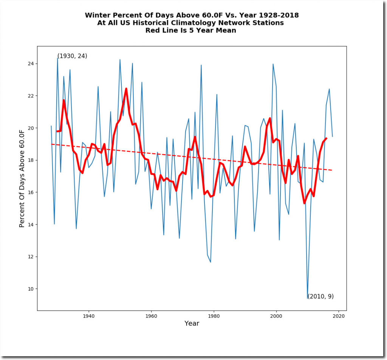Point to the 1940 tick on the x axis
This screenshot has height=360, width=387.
[88, 316]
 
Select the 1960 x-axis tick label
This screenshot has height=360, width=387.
[151, 316]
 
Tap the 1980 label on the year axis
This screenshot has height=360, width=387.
[214, 316]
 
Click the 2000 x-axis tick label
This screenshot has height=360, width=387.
[276, 316]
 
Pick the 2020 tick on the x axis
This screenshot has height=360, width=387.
[339, 316]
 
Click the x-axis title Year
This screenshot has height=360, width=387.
[192, 324]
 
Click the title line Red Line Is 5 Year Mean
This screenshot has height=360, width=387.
[191, 31]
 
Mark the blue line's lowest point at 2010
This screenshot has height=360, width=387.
[308, 298]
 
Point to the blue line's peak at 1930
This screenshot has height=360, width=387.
[57, 58]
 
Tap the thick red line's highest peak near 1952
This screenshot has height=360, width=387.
[126, 88]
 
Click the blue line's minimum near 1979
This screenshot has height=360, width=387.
[211, 262]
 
